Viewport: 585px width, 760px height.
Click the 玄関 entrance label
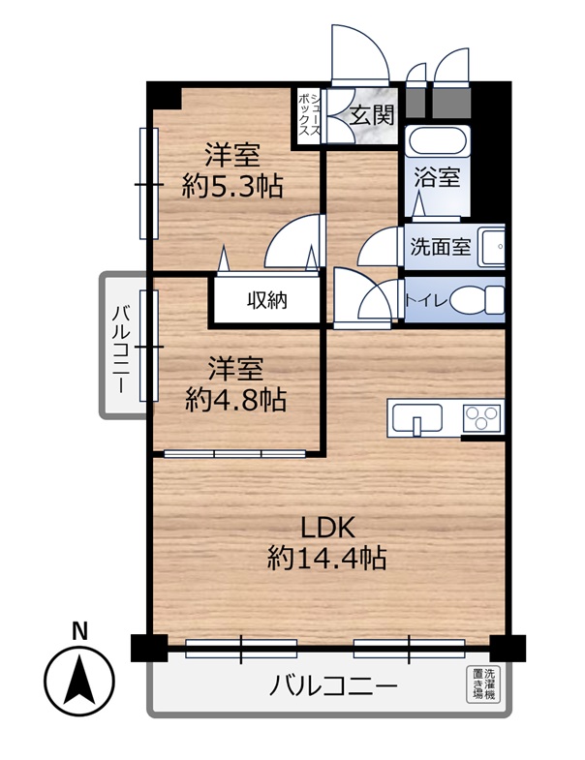(x=372, y=116)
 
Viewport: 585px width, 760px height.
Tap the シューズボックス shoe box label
(x=309, y=115)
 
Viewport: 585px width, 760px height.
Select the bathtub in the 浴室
(x=438, y=140)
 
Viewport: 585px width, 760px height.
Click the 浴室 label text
(x=437, y=177)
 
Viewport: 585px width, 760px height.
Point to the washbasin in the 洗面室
(x=491, y=247)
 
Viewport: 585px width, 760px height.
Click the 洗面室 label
(x=441, y=247)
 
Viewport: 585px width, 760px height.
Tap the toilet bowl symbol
(x=477, y=300)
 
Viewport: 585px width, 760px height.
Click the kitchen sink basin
(x=417, y=418)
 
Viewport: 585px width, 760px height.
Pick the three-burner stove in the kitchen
(x=481, y=418)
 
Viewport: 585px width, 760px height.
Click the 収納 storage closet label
(x=267, y=300)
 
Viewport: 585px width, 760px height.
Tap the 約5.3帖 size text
(x=232, y=186)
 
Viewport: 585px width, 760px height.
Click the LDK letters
(x=327, y=528)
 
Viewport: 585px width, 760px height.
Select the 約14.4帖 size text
(x=327, y=558)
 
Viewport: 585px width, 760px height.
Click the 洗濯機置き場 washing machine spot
(x=481, y=684)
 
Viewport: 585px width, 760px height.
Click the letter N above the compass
(x=79, y=631)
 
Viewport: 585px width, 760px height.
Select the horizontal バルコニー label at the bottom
(x=333, y=685)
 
